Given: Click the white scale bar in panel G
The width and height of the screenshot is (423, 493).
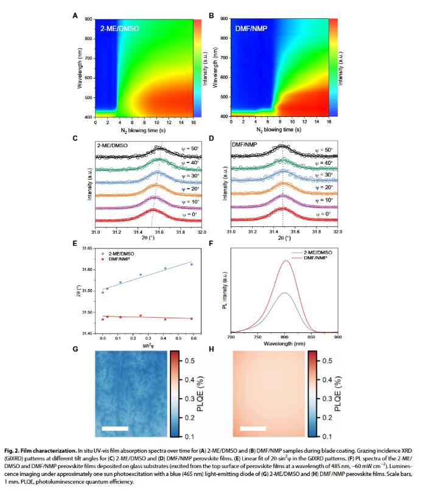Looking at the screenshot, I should pos(115,428).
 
